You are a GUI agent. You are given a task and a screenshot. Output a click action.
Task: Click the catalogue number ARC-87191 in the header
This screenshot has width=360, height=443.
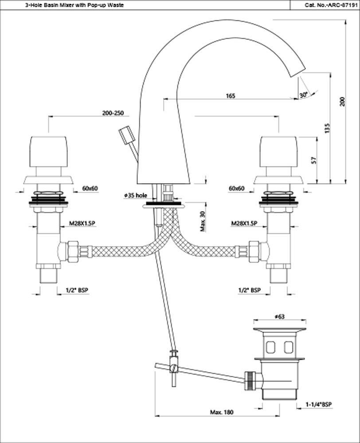[x=325, y=5]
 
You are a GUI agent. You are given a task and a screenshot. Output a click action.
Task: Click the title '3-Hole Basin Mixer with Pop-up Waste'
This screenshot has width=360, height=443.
[x=68, y=5]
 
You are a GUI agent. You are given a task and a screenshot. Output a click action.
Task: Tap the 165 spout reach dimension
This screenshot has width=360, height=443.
[x=230, y=96]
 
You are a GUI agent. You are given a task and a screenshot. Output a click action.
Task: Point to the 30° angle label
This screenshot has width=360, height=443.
[x=303, y=95]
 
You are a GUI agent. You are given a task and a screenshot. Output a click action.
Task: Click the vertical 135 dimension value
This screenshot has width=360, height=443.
[x=327, y=128]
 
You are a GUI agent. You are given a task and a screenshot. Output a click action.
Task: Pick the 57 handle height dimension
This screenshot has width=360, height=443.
[x=313, y=160]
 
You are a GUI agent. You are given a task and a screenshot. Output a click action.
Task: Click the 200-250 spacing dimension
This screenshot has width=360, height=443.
[x=112, y=113]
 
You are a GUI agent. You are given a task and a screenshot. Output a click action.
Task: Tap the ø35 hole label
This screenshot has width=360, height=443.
[x=135, y=195]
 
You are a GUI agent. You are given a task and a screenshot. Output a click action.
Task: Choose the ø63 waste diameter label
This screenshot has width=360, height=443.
[x=279, y=316]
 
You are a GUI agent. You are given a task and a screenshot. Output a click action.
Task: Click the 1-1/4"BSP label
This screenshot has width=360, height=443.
[x=318, y=404]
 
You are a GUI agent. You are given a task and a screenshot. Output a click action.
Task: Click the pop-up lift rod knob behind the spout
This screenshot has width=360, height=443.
[x=126, y=134]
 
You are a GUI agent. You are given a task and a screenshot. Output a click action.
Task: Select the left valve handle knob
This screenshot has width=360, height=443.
[x=48, y=152]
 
